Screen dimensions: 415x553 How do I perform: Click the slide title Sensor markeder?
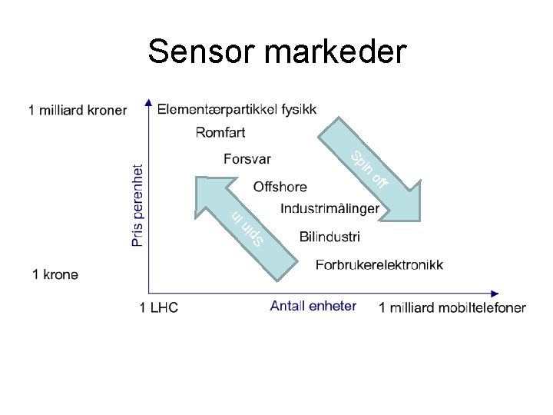276,51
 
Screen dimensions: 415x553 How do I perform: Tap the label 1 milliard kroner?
78,110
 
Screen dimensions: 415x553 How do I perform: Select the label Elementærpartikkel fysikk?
237,109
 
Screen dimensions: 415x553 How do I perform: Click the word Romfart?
220,133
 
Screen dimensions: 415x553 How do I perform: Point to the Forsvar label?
247,159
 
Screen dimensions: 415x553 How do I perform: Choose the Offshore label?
280,187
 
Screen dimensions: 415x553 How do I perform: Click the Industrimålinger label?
329,209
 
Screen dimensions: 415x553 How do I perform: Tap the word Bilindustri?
329,237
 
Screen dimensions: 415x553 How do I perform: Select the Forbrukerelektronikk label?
379,265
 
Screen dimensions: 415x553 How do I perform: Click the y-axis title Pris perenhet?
137,204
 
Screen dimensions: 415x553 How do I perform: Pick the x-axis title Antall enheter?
313,306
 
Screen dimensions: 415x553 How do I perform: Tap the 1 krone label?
55,274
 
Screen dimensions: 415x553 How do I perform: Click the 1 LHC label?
159,308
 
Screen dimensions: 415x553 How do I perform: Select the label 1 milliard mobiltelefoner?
452,308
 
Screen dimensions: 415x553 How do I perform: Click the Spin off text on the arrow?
369,171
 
